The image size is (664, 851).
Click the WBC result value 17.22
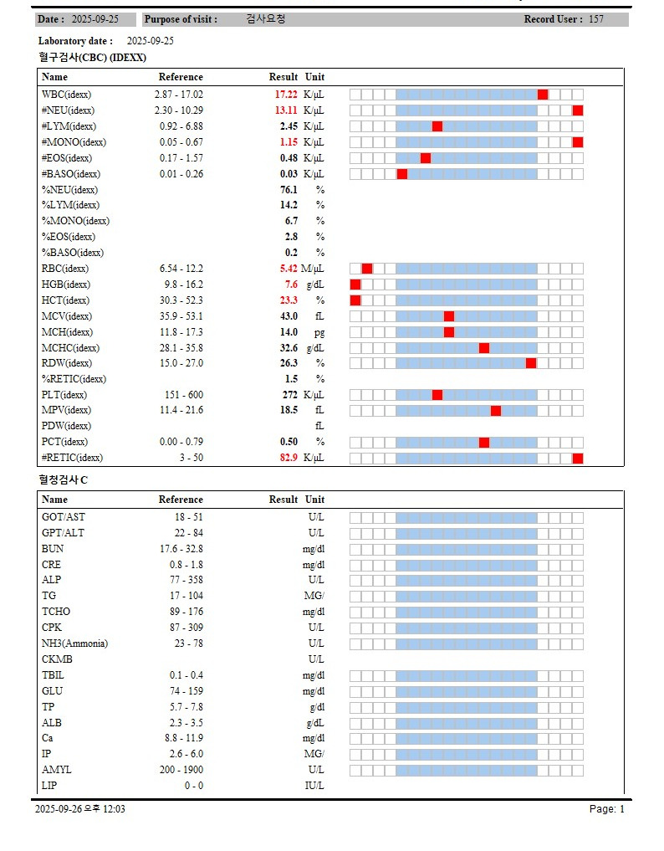pyautogui.click(x=286, y=95)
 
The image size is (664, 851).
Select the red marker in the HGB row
pyautogui.click(x=355, y=285)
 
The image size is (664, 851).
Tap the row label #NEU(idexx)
pyautogui.click(x=68, y=110)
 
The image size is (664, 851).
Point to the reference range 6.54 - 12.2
pyautogui.click(x=181, y=269)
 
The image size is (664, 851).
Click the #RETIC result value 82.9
pyautogui.click(x=289, y=458)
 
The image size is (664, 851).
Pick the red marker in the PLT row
pyautogui.click(x=437, y=395)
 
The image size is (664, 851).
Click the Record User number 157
pyautogui.click(x=596, y=19)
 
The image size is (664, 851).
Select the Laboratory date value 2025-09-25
pyautogui.click(x=151, y=41)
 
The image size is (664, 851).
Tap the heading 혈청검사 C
pyautogui.click(x=63, y=480)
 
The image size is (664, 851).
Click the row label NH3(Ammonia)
pyautogui.click(x=74, y=643)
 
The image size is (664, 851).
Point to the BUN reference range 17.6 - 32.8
pyautogui.click(x=181, y=549)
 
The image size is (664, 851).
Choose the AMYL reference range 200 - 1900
pyautogui.click(x=181, y=770)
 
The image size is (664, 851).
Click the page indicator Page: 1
pyautogui.click(x=606, y=809)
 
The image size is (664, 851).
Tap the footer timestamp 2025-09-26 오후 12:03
pyautogui.click(x=80, y=809)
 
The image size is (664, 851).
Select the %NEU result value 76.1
pyautogui.click(x=289, y=190)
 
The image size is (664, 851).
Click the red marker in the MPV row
pyautogui.click(x=496, y=411)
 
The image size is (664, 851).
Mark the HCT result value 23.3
pyautogui.click(x=289, y=300)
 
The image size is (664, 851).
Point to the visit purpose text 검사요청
pyautogui.click(x=267, y=19)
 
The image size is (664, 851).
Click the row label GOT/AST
pyautogui.click(x=64, y=517)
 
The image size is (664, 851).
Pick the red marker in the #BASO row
pyautogui.click(x=402, y=174)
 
